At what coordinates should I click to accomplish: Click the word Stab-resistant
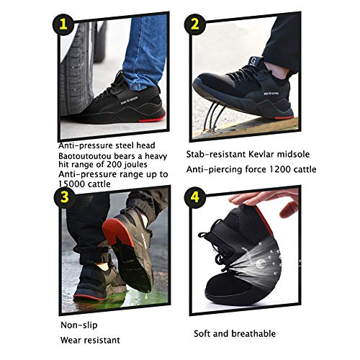point(215,154)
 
